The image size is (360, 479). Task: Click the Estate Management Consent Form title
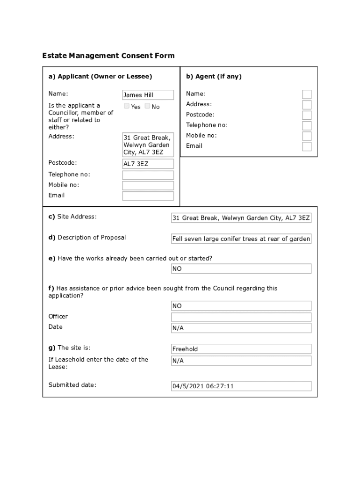click(108, 56)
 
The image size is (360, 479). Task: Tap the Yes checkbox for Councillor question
click(127, 106)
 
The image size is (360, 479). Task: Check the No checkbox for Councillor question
click(147, 106)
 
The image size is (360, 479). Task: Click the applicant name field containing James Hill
click(148, 95)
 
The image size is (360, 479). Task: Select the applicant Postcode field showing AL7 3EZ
click(148, 164)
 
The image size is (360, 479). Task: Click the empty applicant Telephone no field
click(148, 175)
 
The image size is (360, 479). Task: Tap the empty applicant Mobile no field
click(148, 185)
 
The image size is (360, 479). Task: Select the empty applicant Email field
click(148, 196)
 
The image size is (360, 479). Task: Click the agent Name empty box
click(307, 94)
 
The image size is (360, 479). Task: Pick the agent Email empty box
click(307, 146)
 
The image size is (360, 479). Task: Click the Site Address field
click(241, 218)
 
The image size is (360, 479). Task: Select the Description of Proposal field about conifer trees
click(241, 239)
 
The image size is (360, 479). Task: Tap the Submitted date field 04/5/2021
click(241, 386)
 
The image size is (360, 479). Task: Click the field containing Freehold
click(241, 349)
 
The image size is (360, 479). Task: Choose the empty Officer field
click(241, 317)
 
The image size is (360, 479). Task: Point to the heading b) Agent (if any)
click(214, 76)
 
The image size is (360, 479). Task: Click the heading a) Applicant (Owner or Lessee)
click(100, 76)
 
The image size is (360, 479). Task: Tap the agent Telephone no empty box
click(307, 125)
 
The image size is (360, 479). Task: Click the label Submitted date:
click(72, 385)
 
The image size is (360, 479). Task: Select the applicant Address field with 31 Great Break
click(148, 145)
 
